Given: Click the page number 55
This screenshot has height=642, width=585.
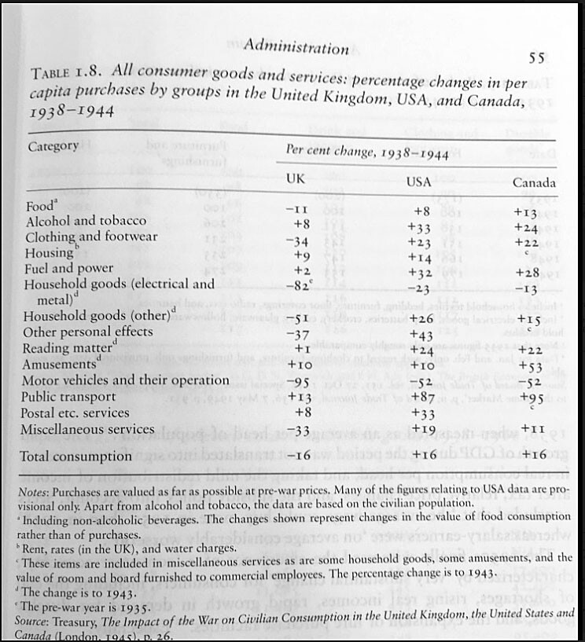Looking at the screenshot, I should click(537, 57).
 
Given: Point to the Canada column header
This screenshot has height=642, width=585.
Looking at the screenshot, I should click(534, 183).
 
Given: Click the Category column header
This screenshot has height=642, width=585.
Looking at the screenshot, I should click(53, 145).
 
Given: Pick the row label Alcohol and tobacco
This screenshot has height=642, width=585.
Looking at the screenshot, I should click(86, 221).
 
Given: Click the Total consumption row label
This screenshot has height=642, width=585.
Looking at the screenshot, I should click(75, 456).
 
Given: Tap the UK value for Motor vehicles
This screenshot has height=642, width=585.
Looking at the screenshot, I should click(296, 381).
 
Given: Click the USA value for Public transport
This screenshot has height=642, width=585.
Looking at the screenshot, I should click(422, 398).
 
